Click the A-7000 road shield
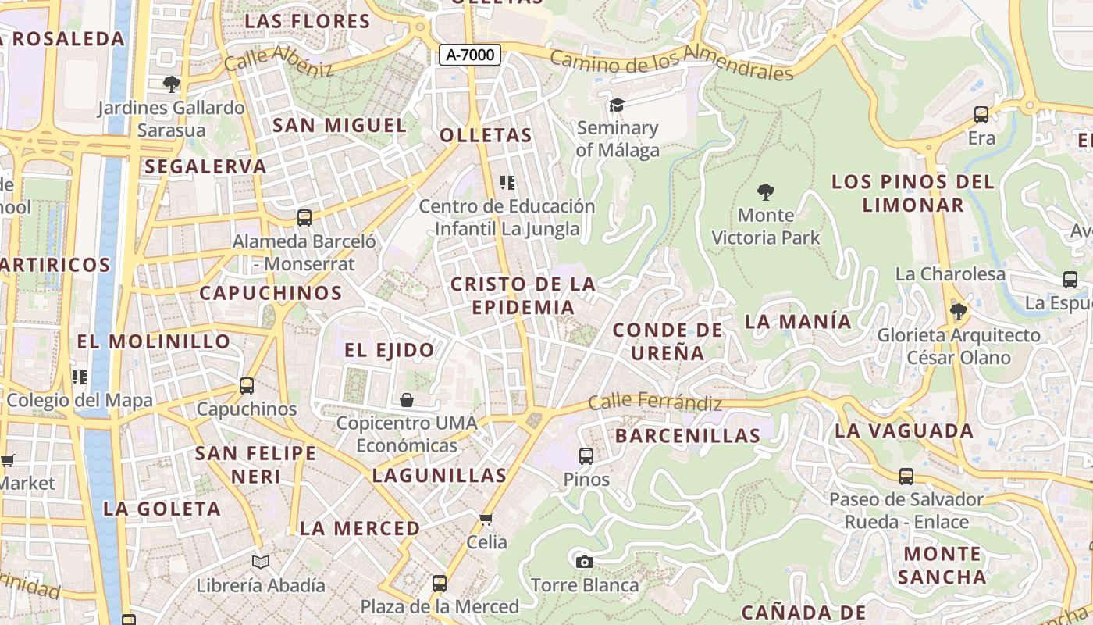[x=469, y=55]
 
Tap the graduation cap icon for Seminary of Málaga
[x=618, y=105]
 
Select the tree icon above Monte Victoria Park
[x=766, y=191]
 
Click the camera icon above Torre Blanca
[x=584, y=562]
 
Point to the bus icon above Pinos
[x=586, y=455]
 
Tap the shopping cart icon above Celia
[x=486, y=519]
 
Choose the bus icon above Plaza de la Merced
[x=440, y=583]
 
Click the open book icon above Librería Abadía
[x=261, y=562]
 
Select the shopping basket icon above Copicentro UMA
[x=407, y=400]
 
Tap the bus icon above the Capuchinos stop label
[x=247, y=385]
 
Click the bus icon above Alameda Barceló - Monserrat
[x=304, y=218]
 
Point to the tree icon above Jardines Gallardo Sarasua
[x=171, y=84]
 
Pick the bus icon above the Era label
[x=981, y=115]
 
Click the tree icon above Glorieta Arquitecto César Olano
[x=959, y=312]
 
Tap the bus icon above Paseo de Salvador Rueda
[x=906, y=476]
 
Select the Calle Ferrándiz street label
[x=654, y=403]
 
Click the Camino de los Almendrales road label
[x=671, y=63]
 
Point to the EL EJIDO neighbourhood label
[x=390, y=350]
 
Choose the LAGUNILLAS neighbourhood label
[x=440, y=475]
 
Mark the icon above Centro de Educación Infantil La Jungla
[x=507, y=183]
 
